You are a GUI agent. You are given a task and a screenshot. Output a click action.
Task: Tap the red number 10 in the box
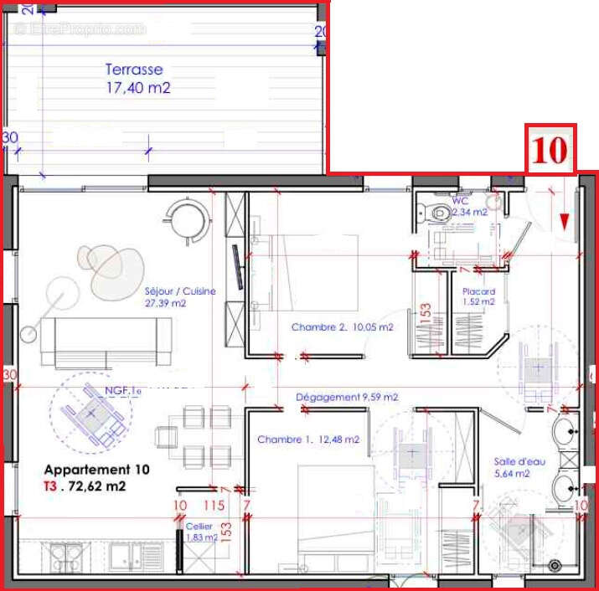tap(550, 150)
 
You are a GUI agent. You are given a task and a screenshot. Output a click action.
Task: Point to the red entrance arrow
tap(565, 221)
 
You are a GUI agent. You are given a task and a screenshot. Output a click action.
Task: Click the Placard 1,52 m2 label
tap(478, 296)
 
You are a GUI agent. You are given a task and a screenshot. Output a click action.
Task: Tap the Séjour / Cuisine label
tap(180, 297)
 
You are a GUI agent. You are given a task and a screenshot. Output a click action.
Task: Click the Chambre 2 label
tap(342, 327)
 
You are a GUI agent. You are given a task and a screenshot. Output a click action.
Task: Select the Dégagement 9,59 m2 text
tap(347, 397)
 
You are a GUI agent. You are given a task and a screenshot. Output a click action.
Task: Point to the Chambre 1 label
tap(308, 439)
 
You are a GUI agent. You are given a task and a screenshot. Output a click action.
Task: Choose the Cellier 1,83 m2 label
tap(201, 532)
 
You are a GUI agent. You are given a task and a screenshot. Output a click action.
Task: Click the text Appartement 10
tap(96, 470)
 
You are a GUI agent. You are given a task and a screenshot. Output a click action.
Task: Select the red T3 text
tap(51, 486)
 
